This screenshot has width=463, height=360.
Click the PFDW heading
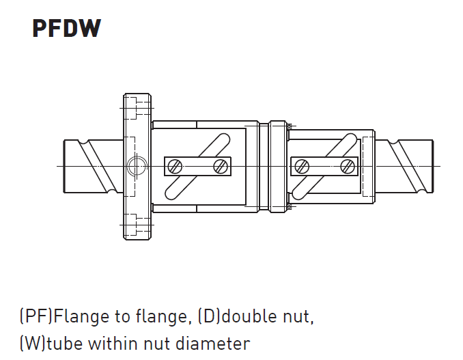coord(67,28)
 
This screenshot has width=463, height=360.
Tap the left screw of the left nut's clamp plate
coord(175,166)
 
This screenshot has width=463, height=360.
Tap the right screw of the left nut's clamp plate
coord(221,166)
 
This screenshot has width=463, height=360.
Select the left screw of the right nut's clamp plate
coord(302,166)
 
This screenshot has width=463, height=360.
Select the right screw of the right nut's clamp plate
coord(348,166)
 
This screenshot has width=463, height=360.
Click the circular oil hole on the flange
coord(137,166)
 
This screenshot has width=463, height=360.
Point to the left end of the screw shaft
coord(64,166)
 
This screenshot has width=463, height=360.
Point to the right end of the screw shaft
coord(433,166)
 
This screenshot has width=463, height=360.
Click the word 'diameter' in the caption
coord(212,344)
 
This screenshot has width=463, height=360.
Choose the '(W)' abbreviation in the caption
coord(33,344)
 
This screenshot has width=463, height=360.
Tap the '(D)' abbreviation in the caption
coord(209,316)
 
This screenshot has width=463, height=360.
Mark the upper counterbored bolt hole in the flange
coord(137,109)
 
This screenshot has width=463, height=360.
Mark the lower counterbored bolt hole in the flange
coord(137,225)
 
